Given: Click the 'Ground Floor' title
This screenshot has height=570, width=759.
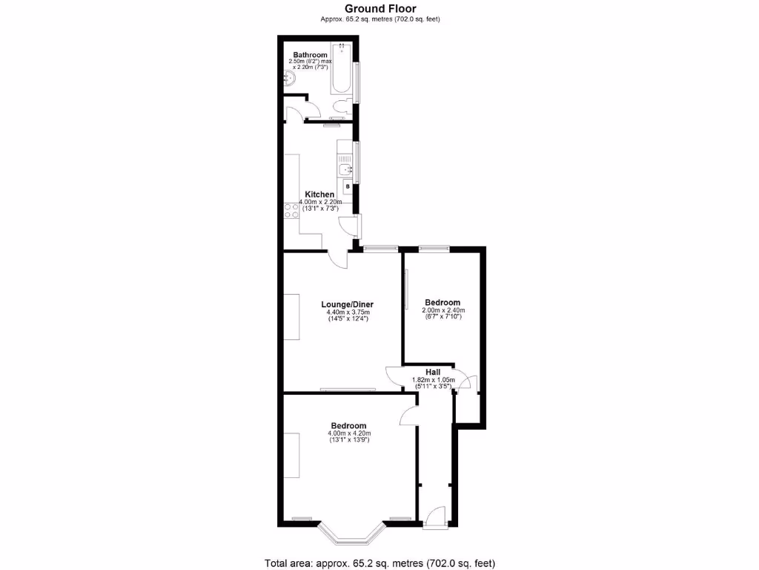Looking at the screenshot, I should tap(379, 8).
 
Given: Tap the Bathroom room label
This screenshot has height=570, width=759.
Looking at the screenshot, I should tap(310, 55).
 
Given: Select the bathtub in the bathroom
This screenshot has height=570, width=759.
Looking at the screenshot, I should tap(342, 71).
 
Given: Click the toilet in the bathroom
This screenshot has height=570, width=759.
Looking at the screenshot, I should tap(339, 108).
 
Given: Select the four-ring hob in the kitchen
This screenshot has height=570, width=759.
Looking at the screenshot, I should tap(288, 209).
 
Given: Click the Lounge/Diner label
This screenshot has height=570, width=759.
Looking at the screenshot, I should tap(347, 304).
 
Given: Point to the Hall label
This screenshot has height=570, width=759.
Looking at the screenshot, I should tap(433, 372).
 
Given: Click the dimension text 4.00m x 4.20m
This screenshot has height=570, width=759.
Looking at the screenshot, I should tap(349, 433).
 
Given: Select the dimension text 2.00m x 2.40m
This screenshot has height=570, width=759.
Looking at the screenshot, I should tap(443, 310).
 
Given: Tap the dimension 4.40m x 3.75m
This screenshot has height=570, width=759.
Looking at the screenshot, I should tap(348, 312).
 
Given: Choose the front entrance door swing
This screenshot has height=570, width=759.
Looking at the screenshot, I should tap(437, 514).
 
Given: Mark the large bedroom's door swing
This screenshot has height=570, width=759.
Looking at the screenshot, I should tap(408, 416).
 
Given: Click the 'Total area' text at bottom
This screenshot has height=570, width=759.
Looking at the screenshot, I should tap(379, 562).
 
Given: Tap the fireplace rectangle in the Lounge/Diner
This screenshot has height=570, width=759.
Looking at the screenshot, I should tap(291, 317).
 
